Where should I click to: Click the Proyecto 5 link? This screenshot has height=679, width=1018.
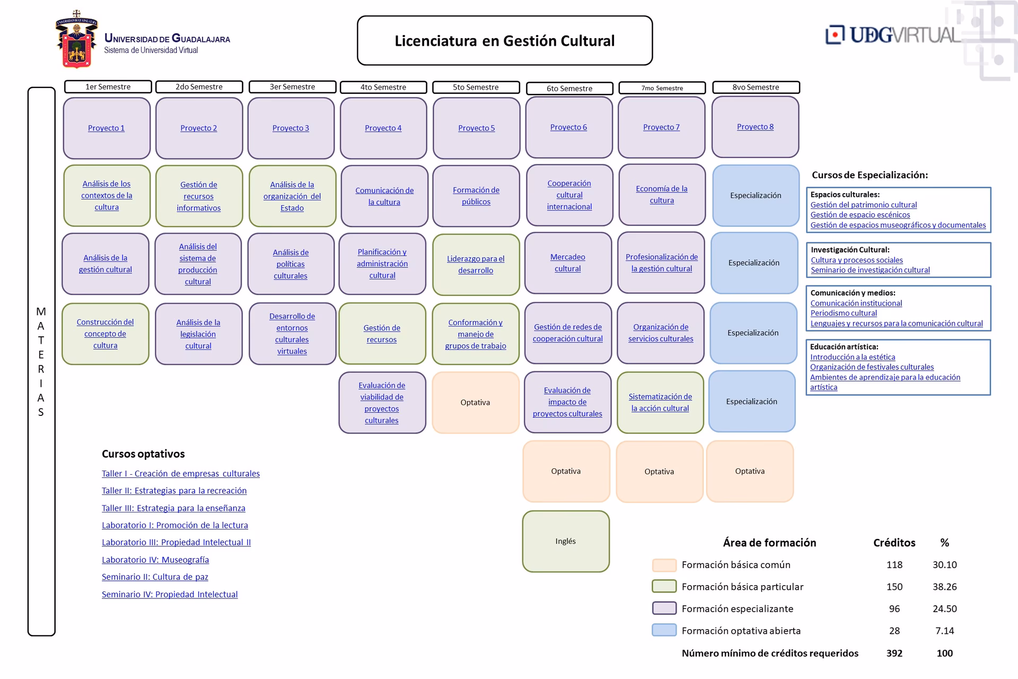476,128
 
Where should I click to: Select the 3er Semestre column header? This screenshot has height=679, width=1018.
292,86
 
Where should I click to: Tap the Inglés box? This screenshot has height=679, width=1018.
566,541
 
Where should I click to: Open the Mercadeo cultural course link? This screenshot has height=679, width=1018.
568,263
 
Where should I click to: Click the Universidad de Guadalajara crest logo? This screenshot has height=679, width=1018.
77,40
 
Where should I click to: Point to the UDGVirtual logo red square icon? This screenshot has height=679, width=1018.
835,34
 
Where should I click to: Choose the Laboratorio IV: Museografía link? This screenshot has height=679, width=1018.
155,560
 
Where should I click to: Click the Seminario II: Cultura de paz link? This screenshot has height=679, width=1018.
155,577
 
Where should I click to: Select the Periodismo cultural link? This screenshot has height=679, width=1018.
844,313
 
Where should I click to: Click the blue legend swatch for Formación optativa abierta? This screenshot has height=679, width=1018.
664,630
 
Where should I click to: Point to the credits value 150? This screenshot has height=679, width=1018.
894,587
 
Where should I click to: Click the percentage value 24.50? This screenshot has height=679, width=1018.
944,608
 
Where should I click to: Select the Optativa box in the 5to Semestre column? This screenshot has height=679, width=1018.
476,402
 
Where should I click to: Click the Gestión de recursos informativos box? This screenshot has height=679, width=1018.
199,196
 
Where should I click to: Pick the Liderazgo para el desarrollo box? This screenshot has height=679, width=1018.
476,264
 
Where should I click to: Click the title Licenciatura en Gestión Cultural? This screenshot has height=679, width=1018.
504,41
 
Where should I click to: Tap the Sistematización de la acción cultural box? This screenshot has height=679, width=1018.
660,402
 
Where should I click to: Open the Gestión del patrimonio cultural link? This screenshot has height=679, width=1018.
863,205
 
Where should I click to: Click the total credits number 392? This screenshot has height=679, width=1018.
894,653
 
